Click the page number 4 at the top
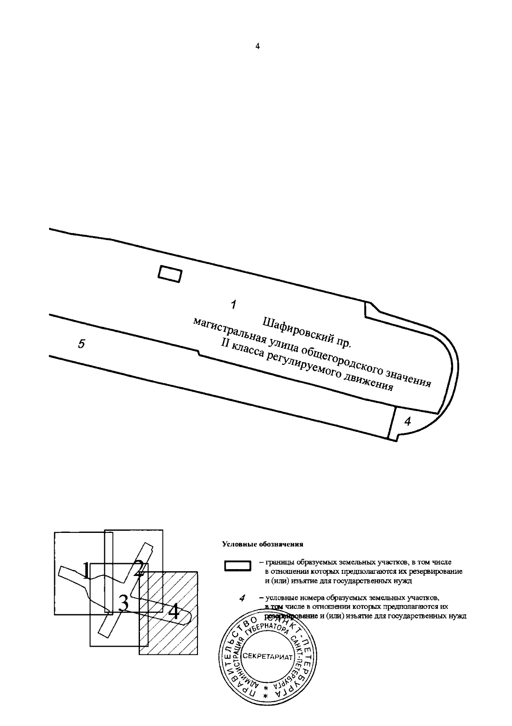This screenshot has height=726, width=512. pos(257,46)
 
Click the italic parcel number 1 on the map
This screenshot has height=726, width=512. pos(233,305)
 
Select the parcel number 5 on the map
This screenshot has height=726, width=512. pos(81,344)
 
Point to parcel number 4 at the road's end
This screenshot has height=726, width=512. pos(407,422)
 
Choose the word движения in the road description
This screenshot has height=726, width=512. pos(371,382)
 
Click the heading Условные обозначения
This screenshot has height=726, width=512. pos(262,544)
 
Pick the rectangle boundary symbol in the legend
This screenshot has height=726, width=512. pos(238,566)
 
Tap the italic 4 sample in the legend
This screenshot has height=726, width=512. pos(242,599)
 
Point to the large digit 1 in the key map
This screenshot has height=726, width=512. pos(86,571)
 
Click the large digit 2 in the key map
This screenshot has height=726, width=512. pos(138,569)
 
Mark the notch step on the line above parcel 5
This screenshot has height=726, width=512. pos(198,352)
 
